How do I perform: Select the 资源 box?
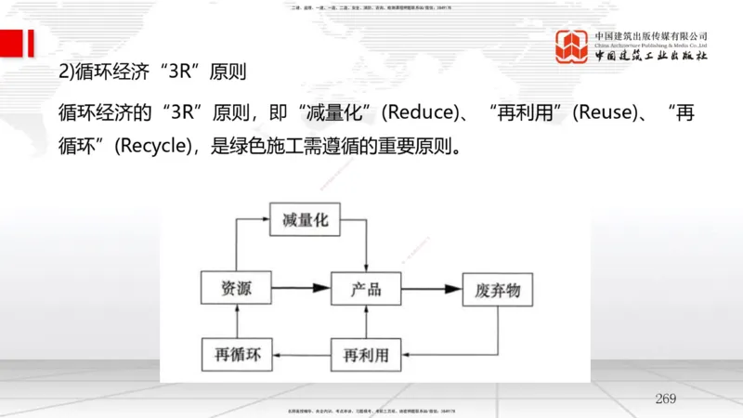point(239,289)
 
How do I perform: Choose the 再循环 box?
point(239,354)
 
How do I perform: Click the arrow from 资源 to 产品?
point(304,289)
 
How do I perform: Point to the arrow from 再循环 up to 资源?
point(239,321)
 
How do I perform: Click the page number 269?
point(665,398)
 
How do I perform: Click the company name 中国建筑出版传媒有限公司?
point(651,35)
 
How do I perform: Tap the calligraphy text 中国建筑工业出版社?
point(651,56)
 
